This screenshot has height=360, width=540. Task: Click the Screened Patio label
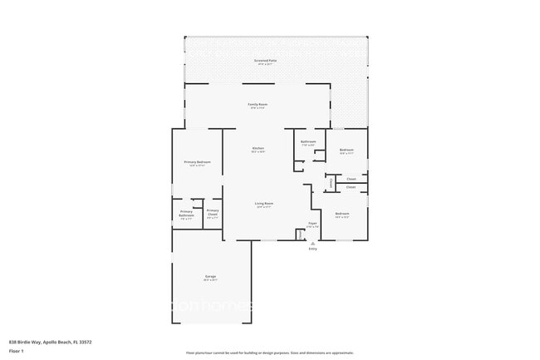click(x=267, y=61)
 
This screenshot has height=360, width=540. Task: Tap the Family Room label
click(x=258, y=105)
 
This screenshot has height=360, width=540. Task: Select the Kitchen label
click(x=258, y=149)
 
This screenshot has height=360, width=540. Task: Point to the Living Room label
click(x=264, y=204)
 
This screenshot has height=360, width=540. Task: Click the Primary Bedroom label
click(x=197, y=162)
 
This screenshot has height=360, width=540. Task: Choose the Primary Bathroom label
click(x=186, y=213)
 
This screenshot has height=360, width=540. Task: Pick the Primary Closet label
click(x=213, y=213)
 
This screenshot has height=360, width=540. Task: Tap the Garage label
click(x=211, y=276)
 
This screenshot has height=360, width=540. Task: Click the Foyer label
click(x=312, y=224)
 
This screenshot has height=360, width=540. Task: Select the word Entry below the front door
click(x=312, y=249)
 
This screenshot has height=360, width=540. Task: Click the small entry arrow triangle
click(x=312, y=243)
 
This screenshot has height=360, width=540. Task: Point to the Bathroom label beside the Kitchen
click(x=308, y=142)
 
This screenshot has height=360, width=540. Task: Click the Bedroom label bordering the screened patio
click(x=346, y=150)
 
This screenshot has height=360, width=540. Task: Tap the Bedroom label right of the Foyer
click(x=342, y=215)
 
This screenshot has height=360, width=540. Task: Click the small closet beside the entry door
click(x=300, y=234)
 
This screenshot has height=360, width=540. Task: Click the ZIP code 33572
click(x=83, y=342)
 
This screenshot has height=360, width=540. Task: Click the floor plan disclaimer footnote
click(x=269, y=353)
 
